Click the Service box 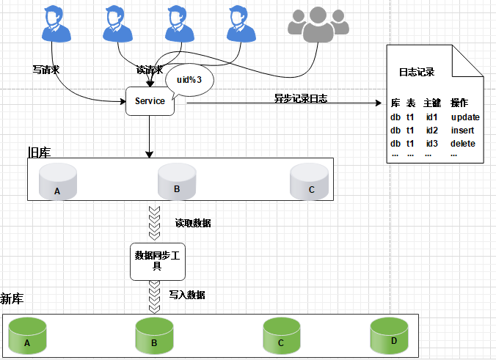tap(150, 102)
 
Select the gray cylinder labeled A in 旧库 tap(57, 182)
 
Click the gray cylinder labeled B tap(177, 181)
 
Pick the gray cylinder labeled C tap(308, 181)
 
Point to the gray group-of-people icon tap(316, 26)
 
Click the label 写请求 tap(46, 70)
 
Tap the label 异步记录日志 tap(300, 98)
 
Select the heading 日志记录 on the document tap(416, 72)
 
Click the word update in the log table tap(464, 117)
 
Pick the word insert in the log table tap(463, 130)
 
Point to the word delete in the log tap(463, 143)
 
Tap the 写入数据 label tap(187, 295)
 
